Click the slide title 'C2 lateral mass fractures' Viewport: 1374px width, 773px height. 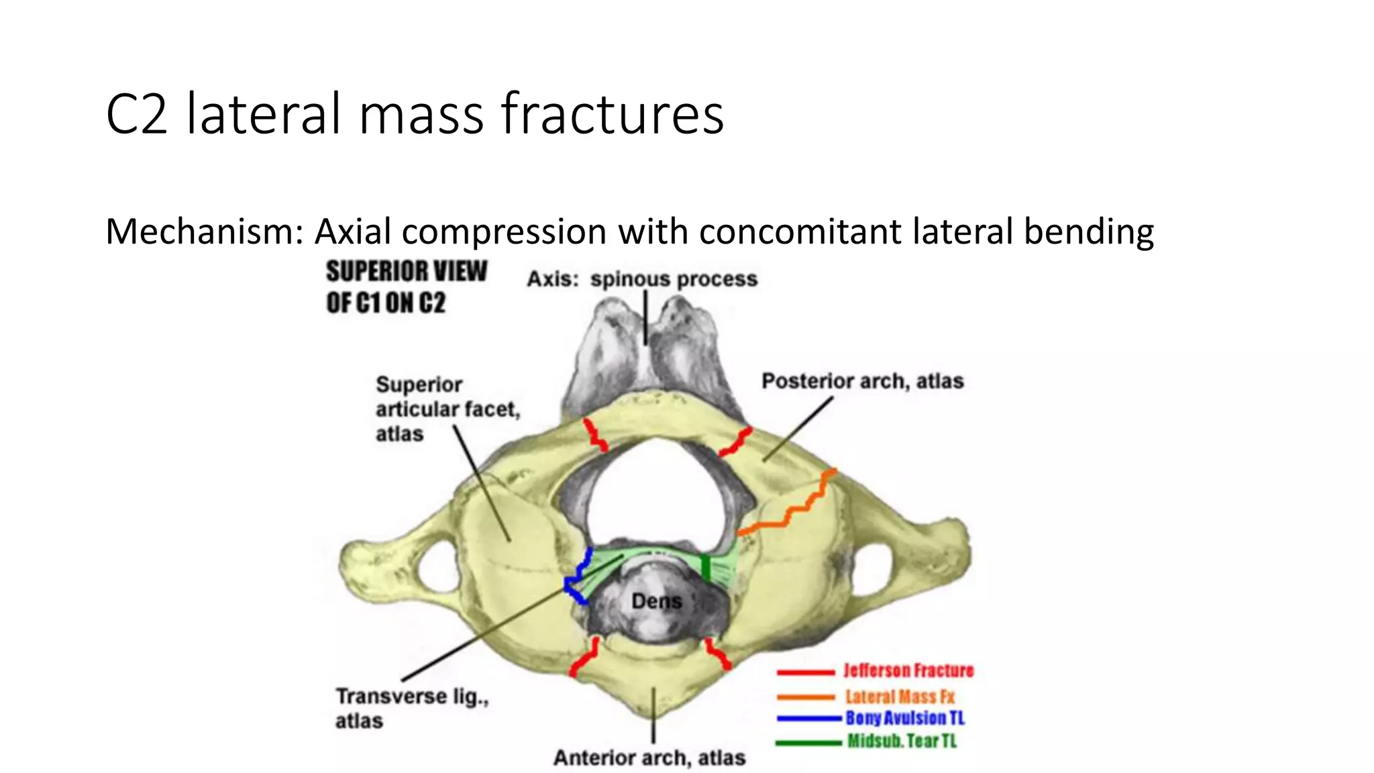point(415,114)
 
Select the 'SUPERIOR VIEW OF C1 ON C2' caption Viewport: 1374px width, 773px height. point(406,287)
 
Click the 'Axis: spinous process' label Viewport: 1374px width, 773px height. point(642,279)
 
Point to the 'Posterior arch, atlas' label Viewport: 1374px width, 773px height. point(862,381)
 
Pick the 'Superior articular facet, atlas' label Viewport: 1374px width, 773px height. point(447,409)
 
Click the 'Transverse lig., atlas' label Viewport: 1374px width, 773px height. point(411,708)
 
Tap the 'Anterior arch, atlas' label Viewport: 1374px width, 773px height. point(649,758)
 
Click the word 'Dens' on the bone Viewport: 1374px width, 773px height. point(656,601)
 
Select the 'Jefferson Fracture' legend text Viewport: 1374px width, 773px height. point(908,670)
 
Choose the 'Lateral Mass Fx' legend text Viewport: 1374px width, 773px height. point(900,697)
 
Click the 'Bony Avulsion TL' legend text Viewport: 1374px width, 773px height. point(905,718)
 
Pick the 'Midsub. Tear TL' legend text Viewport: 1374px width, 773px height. point(902,741)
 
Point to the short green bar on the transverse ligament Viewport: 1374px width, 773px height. point(705,568)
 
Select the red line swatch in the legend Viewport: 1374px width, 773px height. point(806,672)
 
